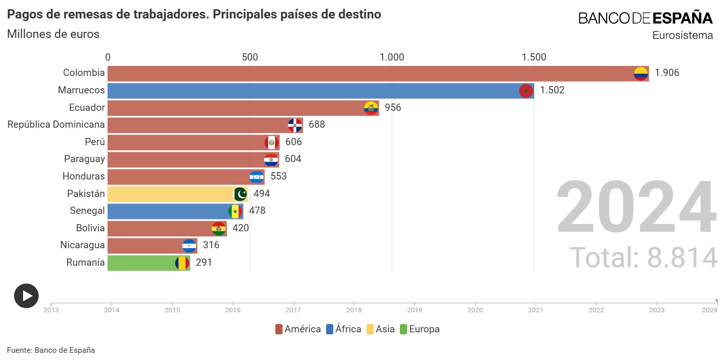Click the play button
tap(26, 296)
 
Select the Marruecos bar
tap(320, 91)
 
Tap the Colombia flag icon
tap(641, 73)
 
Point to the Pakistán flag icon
tap(240, 194)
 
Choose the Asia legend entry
tap(380, 329)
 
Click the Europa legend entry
tap(419, 329)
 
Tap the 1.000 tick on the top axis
tap(392, 57)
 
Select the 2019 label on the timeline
tap(414, 310)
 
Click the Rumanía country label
tap(86, 263)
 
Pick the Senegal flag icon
tap(235, 211)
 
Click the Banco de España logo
tap(646, 18)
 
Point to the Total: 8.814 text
tap(643, 258)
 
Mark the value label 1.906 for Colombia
tap(667, 73)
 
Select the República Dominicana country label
tap(56, 125)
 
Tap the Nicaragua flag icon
tap(189, 246)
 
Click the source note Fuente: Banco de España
tap(51, 350)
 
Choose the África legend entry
tap(344, 329)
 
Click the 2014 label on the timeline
tap(112, 310)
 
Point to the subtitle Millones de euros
tap(53, 34)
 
